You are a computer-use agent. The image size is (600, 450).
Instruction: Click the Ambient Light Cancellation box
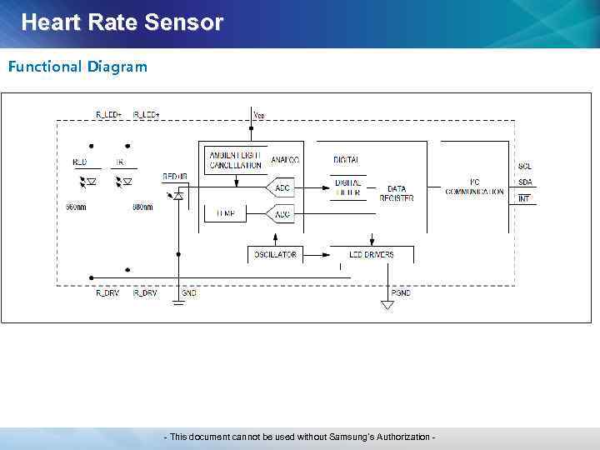tap(235, 160)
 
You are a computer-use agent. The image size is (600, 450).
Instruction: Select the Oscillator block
tap(276, 254)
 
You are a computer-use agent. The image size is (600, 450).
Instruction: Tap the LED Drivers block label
tap(371, 254)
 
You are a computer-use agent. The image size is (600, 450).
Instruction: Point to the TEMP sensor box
tap(225, 213)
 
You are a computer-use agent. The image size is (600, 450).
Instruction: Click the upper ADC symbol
tap(282, 188)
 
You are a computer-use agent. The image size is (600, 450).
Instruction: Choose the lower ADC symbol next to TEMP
tap(282, 215)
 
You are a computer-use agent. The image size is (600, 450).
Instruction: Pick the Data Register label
tap(397, 193)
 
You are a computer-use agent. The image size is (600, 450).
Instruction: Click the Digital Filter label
tap(348, 187)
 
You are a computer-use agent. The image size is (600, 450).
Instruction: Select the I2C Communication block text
tap(474, 187)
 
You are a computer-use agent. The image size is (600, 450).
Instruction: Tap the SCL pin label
tap(525, 167)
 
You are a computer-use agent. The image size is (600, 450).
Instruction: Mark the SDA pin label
tap(525, 182)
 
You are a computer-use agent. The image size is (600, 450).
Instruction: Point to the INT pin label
tap(524, 198)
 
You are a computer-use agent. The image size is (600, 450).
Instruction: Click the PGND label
tap(401, 293)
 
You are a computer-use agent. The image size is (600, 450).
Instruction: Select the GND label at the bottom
tap(189, 293)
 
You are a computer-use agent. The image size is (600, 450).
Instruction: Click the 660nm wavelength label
tap(77, 207)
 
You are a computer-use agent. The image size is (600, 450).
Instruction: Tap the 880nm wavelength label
tap(142, 207)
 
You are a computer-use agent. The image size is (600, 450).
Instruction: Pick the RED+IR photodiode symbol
tap(177, 195)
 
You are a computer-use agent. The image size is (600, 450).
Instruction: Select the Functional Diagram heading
tap(77, 66)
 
